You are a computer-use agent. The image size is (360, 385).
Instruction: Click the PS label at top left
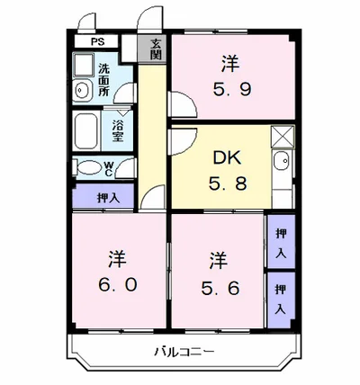[x=95, y=42]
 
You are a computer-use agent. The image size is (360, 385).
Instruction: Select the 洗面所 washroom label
[x=104, y=80]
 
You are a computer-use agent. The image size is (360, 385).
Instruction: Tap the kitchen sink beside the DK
[x=281, y=166]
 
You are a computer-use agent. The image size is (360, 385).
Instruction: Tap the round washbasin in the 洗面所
[x=81, y=89]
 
